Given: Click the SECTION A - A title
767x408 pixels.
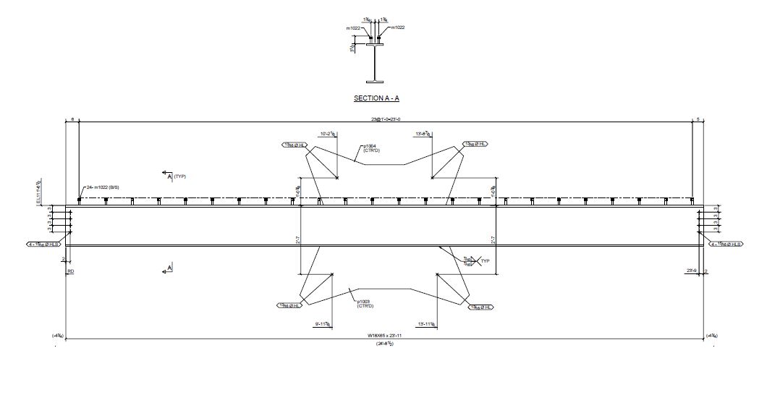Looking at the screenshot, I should click(376, 98).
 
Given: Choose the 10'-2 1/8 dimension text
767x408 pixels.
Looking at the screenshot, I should click(330, 134).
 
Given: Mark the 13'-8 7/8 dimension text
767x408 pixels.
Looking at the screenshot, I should click(424, 134).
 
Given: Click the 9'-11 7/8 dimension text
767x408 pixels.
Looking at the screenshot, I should click(323, 324).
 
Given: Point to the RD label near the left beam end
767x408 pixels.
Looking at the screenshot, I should click(70, 271).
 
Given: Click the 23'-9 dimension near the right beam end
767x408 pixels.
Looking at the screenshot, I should click(692, 271).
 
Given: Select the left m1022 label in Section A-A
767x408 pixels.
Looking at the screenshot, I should click(355, 28).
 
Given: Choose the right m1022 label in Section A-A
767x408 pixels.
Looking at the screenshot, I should click(397, 27).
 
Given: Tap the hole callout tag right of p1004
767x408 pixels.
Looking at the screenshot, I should click(476, 145).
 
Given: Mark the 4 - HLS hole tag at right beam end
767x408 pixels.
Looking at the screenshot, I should click(726, 245).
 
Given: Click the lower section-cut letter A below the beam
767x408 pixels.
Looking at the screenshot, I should click(169, 268).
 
